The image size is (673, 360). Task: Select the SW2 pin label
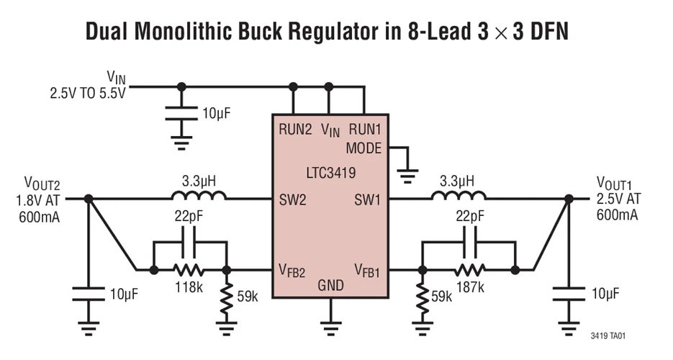click(x=293, y=199)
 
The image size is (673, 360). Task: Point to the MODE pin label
click(x=364, y=149)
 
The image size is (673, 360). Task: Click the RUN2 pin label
click(x=295, y=130)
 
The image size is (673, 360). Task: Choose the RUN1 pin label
click(x=365, y=130)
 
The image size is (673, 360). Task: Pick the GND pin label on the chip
click(x=330, y=286)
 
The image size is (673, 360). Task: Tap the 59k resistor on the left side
click(x=227, y=297)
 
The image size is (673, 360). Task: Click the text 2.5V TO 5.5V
click(x=87, y=93)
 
